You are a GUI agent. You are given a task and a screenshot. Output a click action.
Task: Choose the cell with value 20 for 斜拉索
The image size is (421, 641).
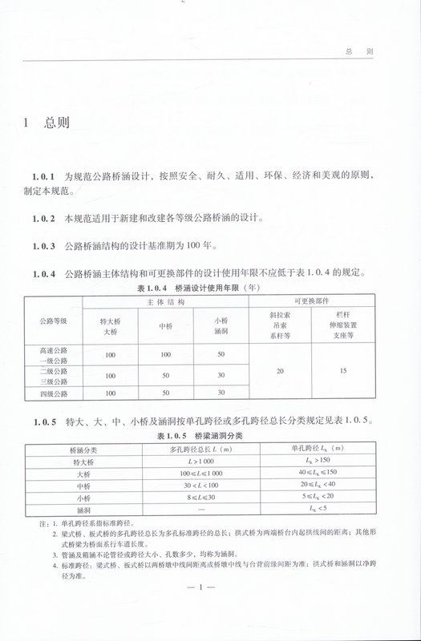click(280, 372)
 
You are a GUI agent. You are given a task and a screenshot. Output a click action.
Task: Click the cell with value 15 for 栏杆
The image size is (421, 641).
click(342, 372)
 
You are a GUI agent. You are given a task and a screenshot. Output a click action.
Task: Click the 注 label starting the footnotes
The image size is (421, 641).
click(32, 522)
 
